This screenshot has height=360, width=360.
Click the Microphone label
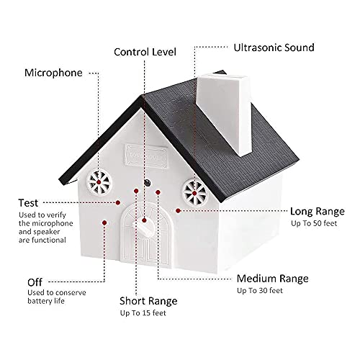(x=53, y=73)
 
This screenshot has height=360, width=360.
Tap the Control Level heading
(x=145, y=52)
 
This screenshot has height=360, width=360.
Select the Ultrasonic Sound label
(x=273, y=48)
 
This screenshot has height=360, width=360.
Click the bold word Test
(x=30, y=204)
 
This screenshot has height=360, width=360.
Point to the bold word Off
(x=35, y=282)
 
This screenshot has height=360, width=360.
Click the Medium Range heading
(x=272, y=278)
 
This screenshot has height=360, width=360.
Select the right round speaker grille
(x=193, y=191)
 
